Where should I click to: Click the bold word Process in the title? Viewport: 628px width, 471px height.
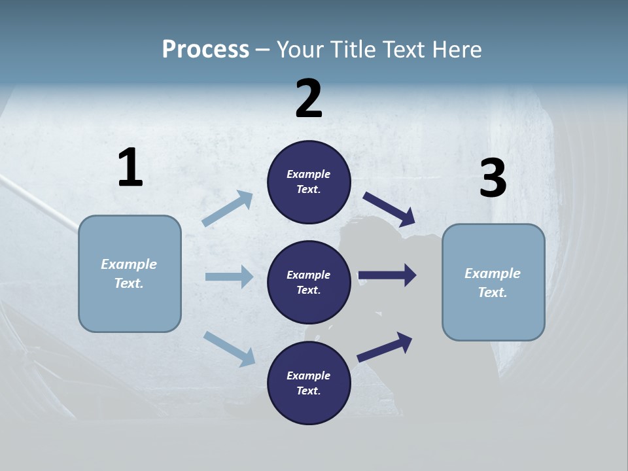click(x=205, y=50)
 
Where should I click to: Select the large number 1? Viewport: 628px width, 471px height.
click(x=130, y=168)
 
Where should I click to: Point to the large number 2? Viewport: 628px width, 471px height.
click(x=309, y=99)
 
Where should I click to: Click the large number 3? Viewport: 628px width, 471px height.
click(x=493, y=179)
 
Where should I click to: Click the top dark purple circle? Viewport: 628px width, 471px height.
click(x=309, y=182)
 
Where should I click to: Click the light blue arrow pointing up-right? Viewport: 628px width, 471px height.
click(x=228, y=209)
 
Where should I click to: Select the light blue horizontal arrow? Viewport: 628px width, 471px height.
click(x=229, y=277)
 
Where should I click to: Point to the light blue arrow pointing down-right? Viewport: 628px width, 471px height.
click(x=229, y=348)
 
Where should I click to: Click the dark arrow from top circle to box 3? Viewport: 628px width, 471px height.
click(x=389, y=209)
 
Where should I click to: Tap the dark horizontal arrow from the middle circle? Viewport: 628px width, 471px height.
click(x=387, y=275)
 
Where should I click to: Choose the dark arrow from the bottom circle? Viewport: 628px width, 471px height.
click(x=385, y=347)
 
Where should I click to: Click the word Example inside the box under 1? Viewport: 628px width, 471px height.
click(x=129, y=264)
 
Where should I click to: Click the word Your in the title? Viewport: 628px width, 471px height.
click(x=300, y=50)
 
